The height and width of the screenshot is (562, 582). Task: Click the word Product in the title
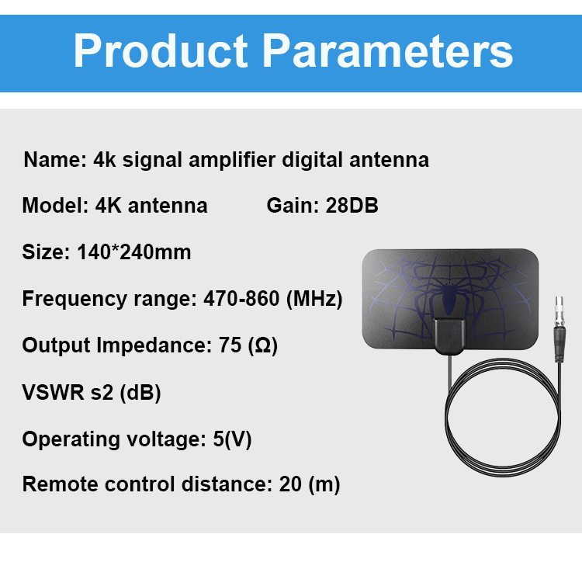coord(161,50)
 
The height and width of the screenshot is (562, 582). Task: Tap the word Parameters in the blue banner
coord(388,50)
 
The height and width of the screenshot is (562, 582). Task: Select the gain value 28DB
coord(352,205)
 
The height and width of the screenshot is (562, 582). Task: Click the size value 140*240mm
coord(134,252)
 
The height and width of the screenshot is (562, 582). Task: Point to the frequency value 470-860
coord(241,298)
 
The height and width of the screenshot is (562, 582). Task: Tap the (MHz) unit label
coord(314,299)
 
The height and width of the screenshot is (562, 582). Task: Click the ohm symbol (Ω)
coord(263,345)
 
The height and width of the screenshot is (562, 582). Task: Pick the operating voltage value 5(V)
coord(232,439)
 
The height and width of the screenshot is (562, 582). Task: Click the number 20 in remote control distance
coord(290,484)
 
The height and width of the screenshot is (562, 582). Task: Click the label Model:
coord(55,205)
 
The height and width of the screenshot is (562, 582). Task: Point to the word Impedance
coord(154,345)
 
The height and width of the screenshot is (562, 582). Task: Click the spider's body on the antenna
coord(449,297)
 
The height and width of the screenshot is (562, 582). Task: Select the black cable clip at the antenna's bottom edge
coord(449,336)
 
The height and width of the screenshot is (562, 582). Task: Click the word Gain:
coord(293,205)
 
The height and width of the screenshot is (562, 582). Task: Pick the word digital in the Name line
coord(312,161)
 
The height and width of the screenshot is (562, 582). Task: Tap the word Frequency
coord(74,299)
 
